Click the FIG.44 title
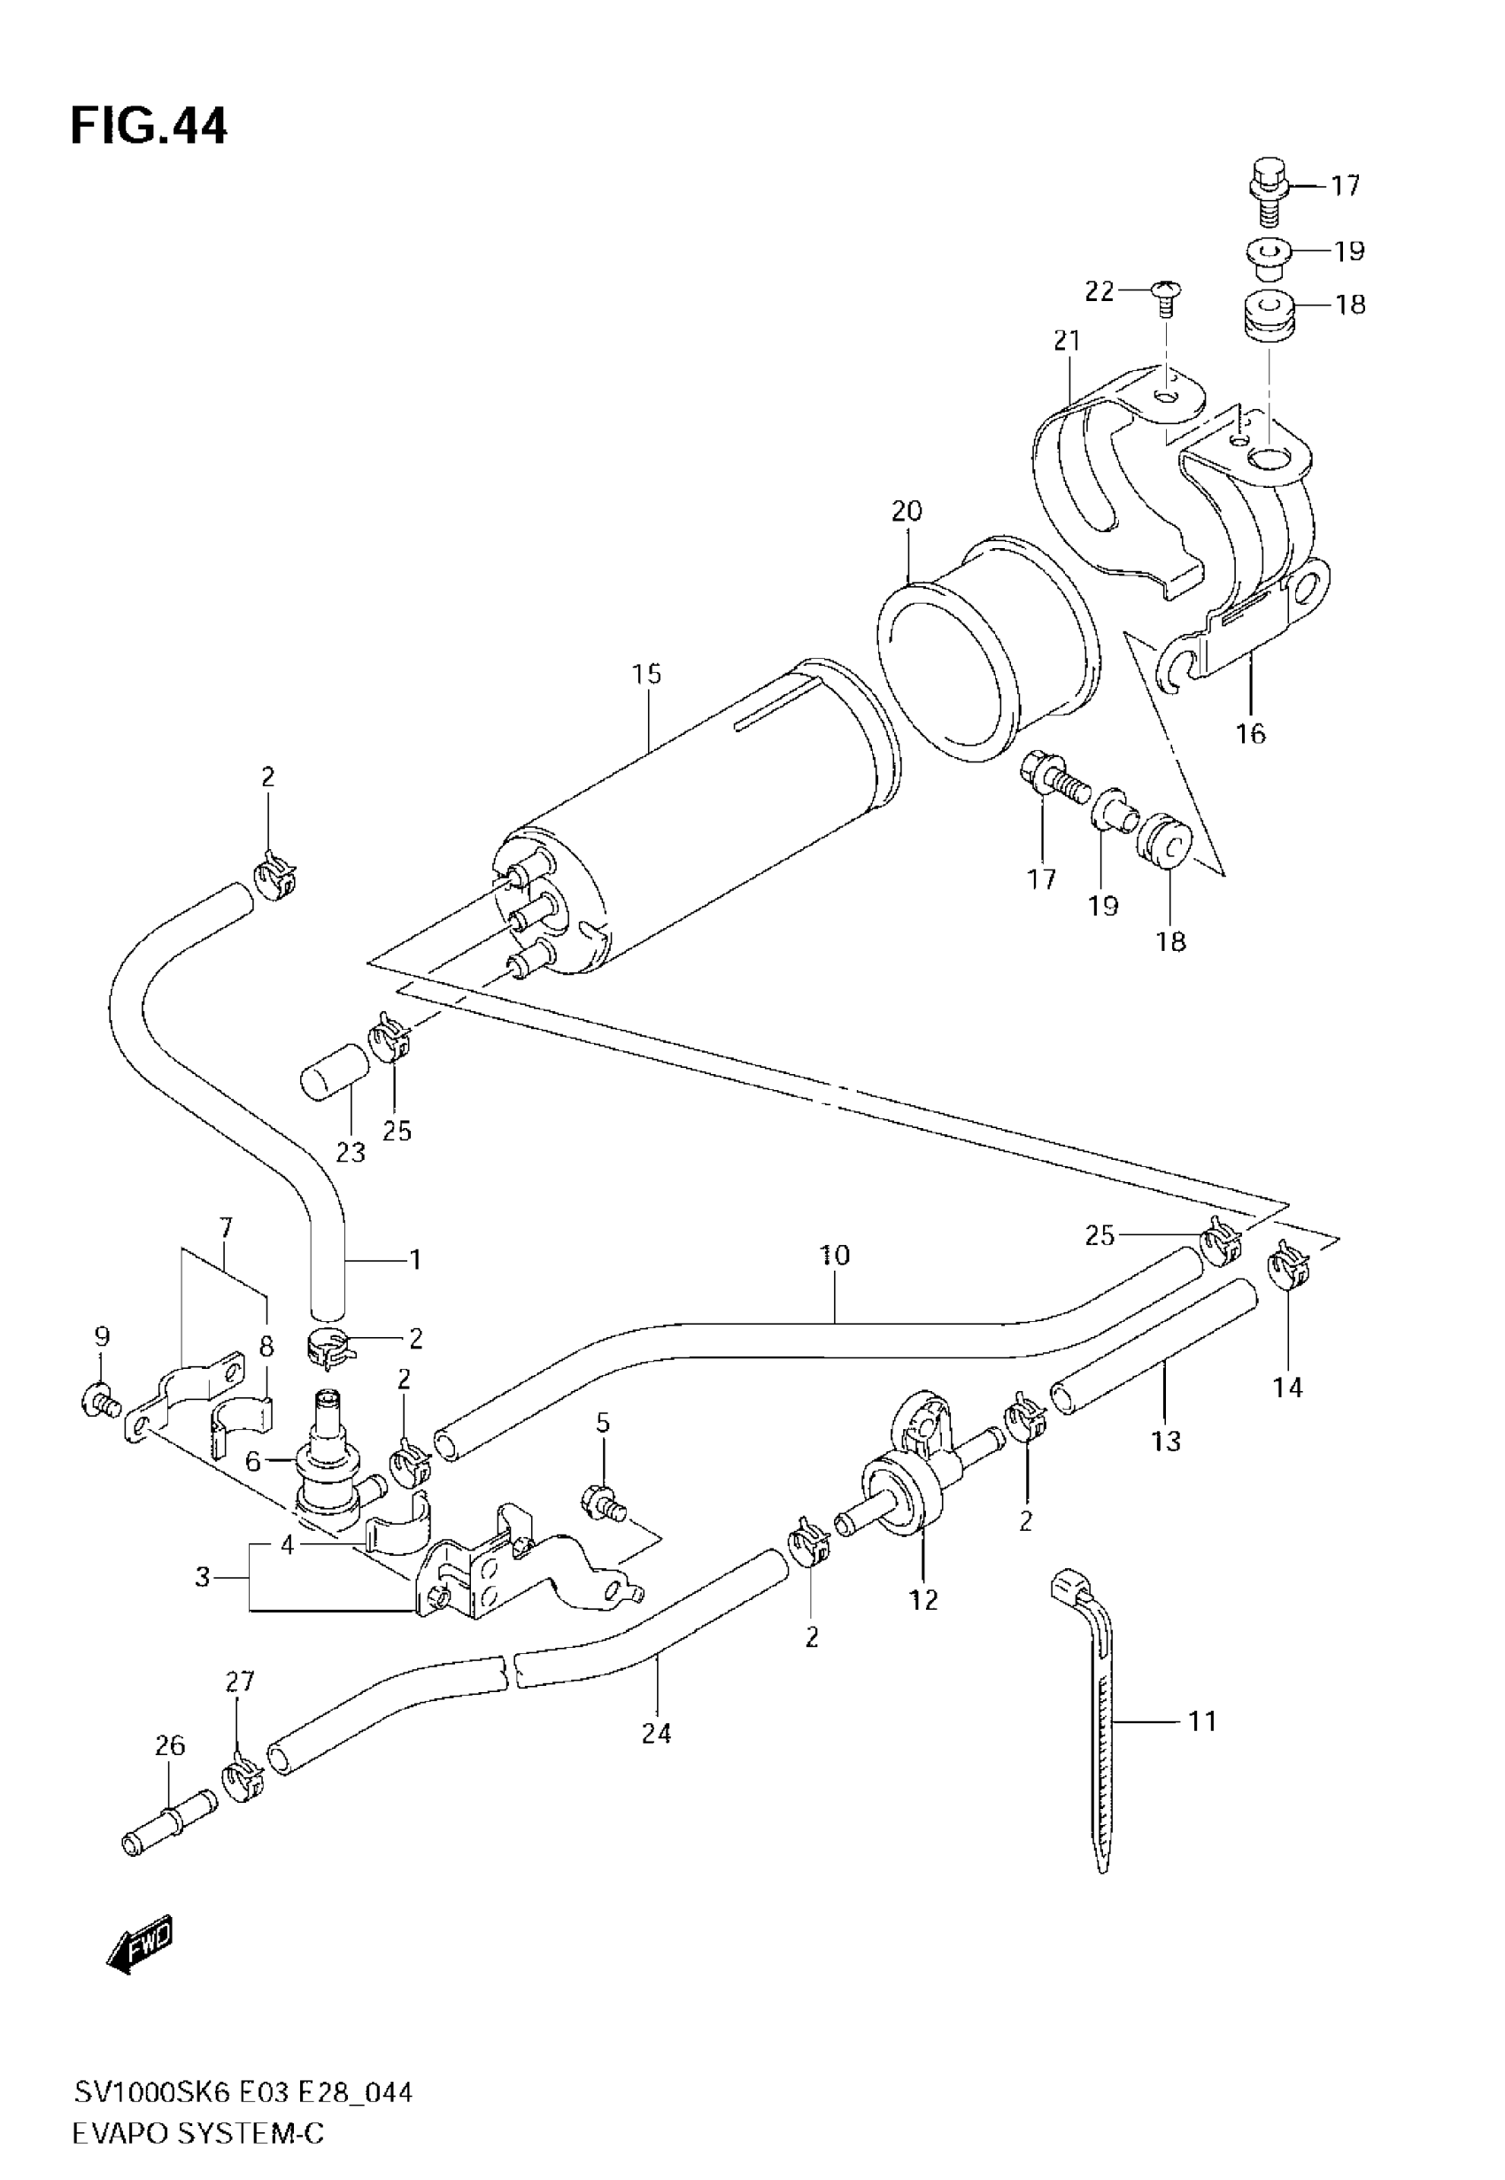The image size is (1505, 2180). click(x=149, y=127)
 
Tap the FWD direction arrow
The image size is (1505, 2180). click(x=140, y=1945)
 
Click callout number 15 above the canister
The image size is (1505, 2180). click(x=647, y=675)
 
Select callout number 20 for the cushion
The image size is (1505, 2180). click(x=907, y=511)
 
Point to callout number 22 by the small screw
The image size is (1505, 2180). click(x=1100, y=291)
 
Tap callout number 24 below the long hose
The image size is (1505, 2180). click(x=656, y=1733)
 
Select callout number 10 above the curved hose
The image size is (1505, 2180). click(x=835, y=1255)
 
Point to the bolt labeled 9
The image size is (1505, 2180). click(x=98, y=1400)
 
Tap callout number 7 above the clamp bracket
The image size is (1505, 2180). click(x=225, y=1227)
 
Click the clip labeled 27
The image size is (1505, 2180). click(x=243, y=1776)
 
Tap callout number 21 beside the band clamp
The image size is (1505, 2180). click(x=1067, y=340)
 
